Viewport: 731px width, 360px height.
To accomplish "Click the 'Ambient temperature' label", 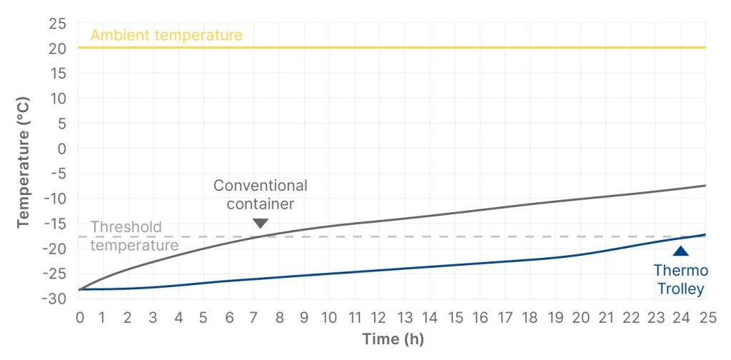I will tap(166, 35).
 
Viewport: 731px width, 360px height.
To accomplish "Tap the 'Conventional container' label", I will tap(261, 194).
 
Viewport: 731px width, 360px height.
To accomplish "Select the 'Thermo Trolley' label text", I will tap(680, 279).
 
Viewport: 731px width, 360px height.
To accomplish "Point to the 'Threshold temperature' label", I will tap(134, 236).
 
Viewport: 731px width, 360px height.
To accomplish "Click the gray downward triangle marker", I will tap(261, 224).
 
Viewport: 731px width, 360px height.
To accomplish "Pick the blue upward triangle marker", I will tap(681, 251).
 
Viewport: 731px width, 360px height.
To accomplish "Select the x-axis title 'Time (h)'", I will tap(393, 339).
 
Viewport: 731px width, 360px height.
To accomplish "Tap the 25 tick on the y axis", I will tap(58, 24).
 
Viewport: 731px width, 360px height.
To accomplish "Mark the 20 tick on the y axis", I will tap(58, 49).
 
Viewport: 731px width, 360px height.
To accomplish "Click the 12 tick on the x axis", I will tap(379, 316).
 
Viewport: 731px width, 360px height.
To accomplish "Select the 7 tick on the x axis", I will tap(254, 316).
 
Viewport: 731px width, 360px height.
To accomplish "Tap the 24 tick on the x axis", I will tap(680, 316).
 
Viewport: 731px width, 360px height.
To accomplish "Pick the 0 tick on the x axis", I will tap(79, 316).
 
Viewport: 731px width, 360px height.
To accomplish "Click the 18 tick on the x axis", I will tap(530, 316).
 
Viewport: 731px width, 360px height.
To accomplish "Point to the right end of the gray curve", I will tap(705, 186).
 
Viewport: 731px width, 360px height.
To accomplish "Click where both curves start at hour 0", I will tap(79, 289).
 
